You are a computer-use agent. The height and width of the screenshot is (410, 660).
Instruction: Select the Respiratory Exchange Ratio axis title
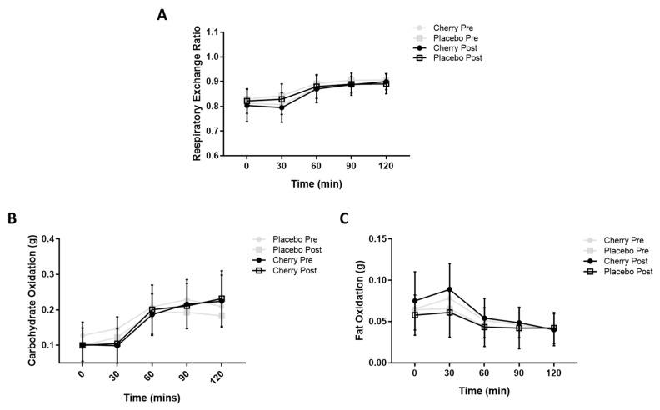tap(197, 93)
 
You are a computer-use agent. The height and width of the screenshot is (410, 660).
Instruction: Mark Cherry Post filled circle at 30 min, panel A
tap(282, 107)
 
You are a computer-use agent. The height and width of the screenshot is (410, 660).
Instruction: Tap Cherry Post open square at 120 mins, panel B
tap(222, 299)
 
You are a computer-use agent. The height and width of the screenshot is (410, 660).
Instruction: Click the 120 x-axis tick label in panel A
tap(386, 167)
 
